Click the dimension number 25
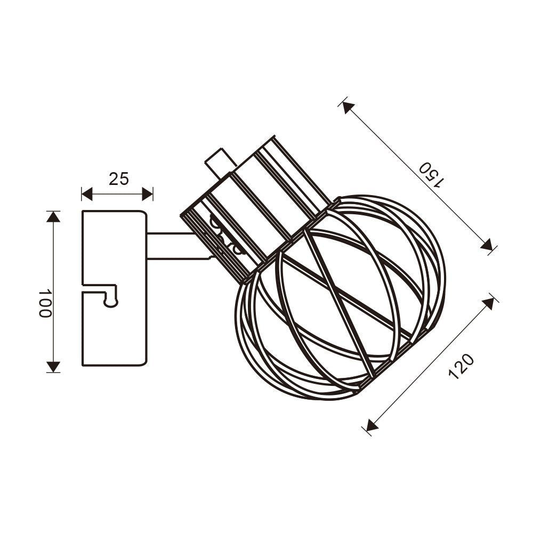point(119,179)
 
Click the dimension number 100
point(45,304)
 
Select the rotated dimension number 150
point(431,175)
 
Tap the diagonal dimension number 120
point(461,366)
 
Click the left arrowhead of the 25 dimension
point(87,194)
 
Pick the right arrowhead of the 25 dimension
point(147,194)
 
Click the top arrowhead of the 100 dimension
point(53,217)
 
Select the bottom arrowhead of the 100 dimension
point(53,367)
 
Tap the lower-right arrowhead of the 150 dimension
point(487,245)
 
